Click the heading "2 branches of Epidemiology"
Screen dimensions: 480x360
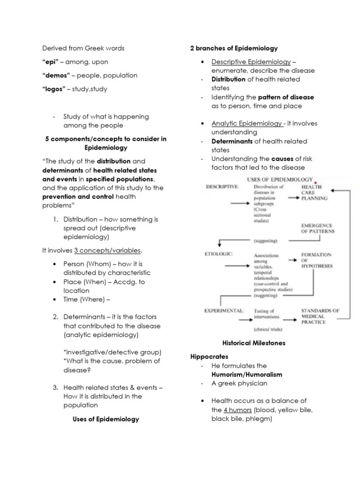(x=234, y=48)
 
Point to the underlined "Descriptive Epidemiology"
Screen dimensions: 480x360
(x=251, y=62)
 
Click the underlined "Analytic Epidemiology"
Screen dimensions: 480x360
(x=247, y=123)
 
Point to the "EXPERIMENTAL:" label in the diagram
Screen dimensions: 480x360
(x=224, y=310)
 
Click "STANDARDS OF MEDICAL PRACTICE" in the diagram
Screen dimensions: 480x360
(x=320, y=316)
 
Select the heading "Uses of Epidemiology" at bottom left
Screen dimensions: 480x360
(x=106, y=419)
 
